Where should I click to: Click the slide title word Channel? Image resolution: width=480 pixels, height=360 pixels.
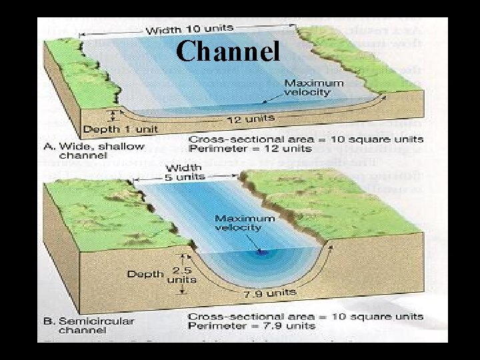(229, 51)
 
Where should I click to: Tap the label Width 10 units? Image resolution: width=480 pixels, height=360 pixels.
(189, 29)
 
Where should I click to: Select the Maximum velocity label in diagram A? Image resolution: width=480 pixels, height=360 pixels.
(314, 87)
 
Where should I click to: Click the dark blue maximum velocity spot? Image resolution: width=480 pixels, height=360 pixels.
(261, 253)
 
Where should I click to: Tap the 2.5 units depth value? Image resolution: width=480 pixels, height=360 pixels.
(181, 275)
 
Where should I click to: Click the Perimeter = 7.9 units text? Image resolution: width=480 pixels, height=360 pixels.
(251, 325)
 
